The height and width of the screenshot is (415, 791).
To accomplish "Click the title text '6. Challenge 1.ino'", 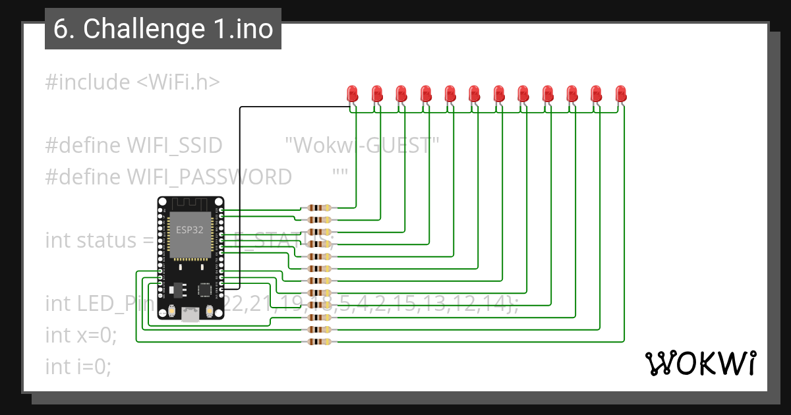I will pos(163,29).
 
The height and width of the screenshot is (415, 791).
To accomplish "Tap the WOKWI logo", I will pos(699,363).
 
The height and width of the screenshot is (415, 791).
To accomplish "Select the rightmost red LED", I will pos(621,93).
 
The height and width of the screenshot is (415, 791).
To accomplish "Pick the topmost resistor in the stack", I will pos(319,208).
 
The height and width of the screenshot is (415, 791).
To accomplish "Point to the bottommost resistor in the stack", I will pos(319,342).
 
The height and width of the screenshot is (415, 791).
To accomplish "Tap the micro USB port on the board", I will pos(190,315).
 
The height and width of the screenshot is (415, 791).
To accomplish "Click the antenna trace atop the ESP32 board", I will pos(190,204).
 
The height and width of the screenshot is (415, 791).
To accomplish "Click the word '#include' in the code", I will pos(88,82).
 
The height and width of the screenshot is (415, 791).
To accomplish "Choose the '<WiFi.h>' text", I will pos(178,82).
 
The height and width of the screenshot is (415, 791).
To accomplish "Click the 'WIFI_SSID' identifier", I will pos(174,146).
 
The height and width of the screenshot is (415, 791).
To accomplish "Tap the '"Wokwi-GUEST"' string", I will pos(362,146).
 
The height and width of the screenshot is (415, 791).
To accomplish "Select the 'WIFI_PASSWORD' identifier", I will pos(209,177).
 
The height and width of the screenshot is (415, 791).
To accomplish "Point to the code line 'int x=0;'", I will pos(80,335).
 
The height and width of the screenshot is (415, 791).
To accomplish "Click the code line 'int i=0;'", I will pos(78,366).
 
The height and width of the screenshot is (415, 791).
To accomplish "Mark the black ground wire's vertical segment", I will pos(239,198).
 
